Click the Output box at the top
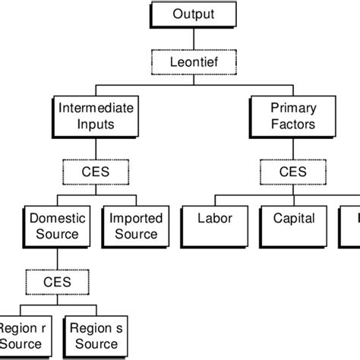[194, 14]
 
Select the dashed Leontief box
[194, 62]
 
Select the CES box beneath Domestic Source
[57, 282]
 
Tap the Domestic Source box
[54, 226]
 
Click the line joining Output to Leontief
[194, 39]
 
